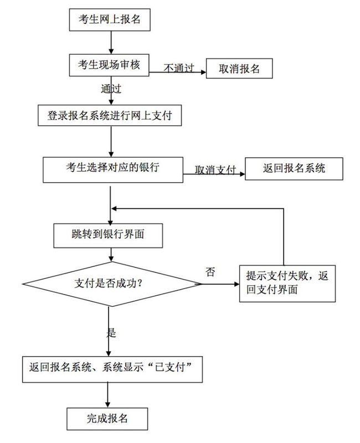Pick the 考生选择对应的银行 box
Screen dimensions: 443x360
click(x=113, y=168)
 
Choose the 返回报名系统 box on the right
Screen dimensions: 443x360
click(x=294, y=168)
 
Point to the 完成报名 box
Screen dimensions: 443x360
click(x=108, y=419)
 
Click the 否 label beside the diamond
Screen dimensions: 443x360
click(x=210, y=271)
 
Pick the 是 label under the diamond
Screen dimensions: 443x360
click(x=111, y=333)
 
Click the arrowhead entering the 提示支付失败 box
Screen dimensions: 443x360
click(x=236, y=284)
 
